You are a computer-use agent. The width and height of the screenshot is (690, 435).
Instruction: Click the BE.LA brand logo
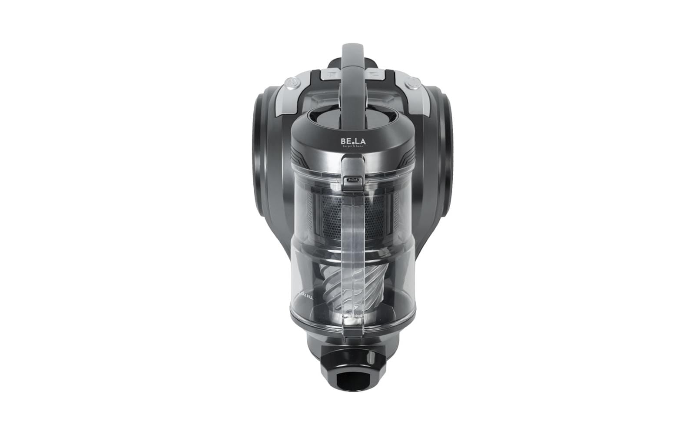pos(352,142)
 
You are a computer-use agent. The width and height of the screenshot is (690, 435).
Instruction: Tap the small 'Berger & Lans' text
pos(352,147)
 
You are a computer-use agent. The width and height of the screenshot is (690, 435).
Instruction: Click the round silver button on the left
pos(292,81)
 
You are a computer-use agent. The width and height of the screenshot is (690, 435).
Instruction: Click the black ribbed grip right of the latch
pos(401,164)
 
